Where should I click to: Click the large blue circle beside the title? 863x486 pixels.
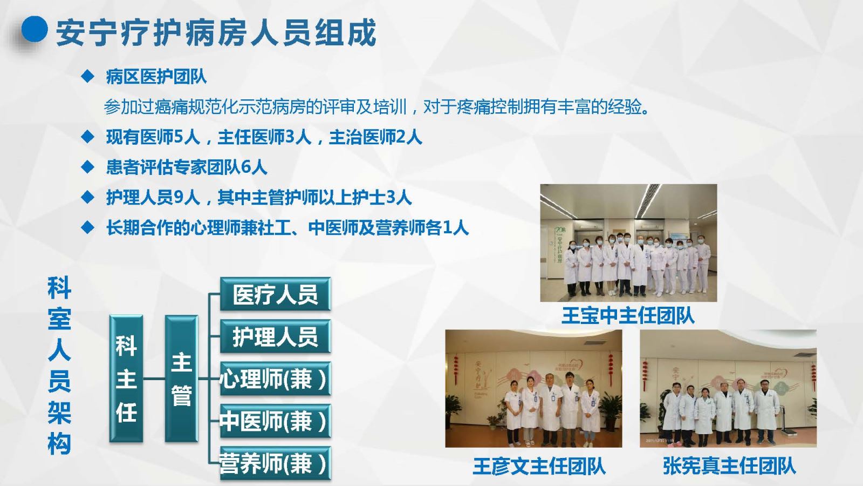point(35,29)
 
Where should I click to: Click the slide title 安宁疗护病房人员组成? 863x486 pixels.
point(216,33)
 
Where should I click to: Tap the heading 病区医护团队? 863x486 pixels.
point(156,77)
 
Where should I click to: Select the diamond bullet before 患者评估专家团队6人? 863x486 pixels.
point(88,167)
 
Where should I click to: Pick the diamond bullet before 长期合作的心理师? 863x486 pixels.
point(88,227)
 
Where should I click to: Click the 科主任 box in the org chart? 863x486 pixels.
point(126,379)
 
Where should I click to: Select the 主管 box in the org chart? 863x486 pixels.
point(181,379)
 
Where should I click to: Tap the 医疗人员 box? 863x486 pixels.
point(276,294)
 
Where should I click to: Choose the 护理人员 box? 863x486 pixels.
point(276,336)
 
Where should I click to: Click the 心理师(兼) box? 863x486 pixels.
point(276,379)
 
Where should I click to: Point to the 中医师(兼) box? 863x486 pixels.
point(276,421)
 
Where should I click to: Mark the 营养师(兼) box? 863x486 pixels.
point(276,464)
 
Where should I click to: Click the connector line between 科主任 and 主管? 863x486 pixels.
point(154,379)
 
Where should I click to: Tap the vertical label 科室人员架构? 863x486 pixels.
point(59,365)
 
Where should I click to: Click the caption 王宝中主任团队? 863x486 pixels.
point(628,315)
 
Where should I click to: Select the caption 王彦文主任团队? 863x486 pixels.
point(539,466)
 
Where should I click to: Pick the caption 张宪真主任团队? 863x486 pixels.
point(729,466)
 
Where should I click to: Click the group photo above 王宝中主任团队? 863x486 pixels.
point(628,243)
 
